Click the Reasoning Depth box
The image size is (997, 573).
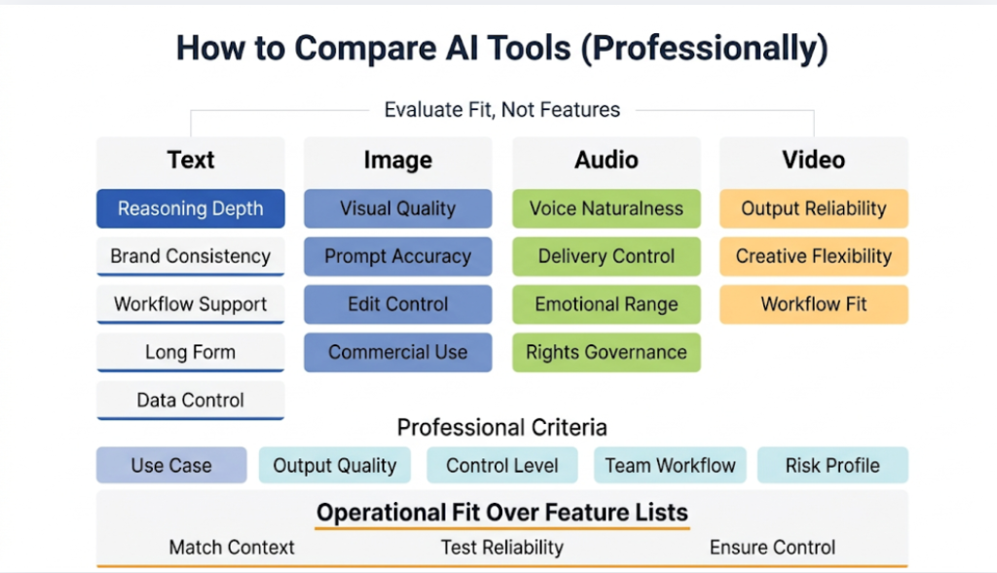click(x=190, y=208)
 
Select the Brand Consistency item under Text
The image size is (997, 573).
click(x=190, y=257)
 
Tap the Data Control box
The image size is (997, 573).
click(x=190, y=400)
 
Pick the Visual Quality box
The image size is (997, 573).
click(x=397, y=208)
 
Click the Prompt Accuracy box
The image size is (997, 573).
click(x=397, y=257)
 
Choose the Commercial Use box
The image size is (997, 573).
click(x=397, y=352)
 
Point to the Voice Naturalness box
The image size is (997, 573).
click(x=606, y=208)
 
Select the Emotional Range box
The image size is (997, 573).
click(x=606, y=304)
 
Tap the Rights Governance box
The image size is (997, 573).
click(x=606, y=352)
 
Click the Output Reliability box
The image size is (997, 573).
click(x=813, y=208)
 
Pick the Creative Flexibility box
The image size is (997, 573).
click(x=813, y=257)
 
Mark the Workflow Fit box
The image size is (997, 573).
click(x=813, y=304)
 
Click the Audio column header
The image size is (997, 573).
click(x=606, y=160)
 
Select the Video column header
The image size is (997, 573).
click(x=813, y=160)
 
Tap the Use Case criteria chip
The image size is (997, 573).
click(x=170, y=465)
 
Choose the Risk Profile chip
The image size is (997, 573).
click(x=831, y=465)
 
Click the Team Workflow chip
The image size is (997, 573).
click(x=670, y=465)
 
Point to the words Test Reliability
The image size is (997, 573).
click(x=501, y=547)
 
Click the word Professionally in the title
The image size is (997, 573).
click(x=703, y=49)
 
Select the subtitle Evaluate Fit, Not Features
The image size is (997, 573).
click(x=501, y=109)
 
